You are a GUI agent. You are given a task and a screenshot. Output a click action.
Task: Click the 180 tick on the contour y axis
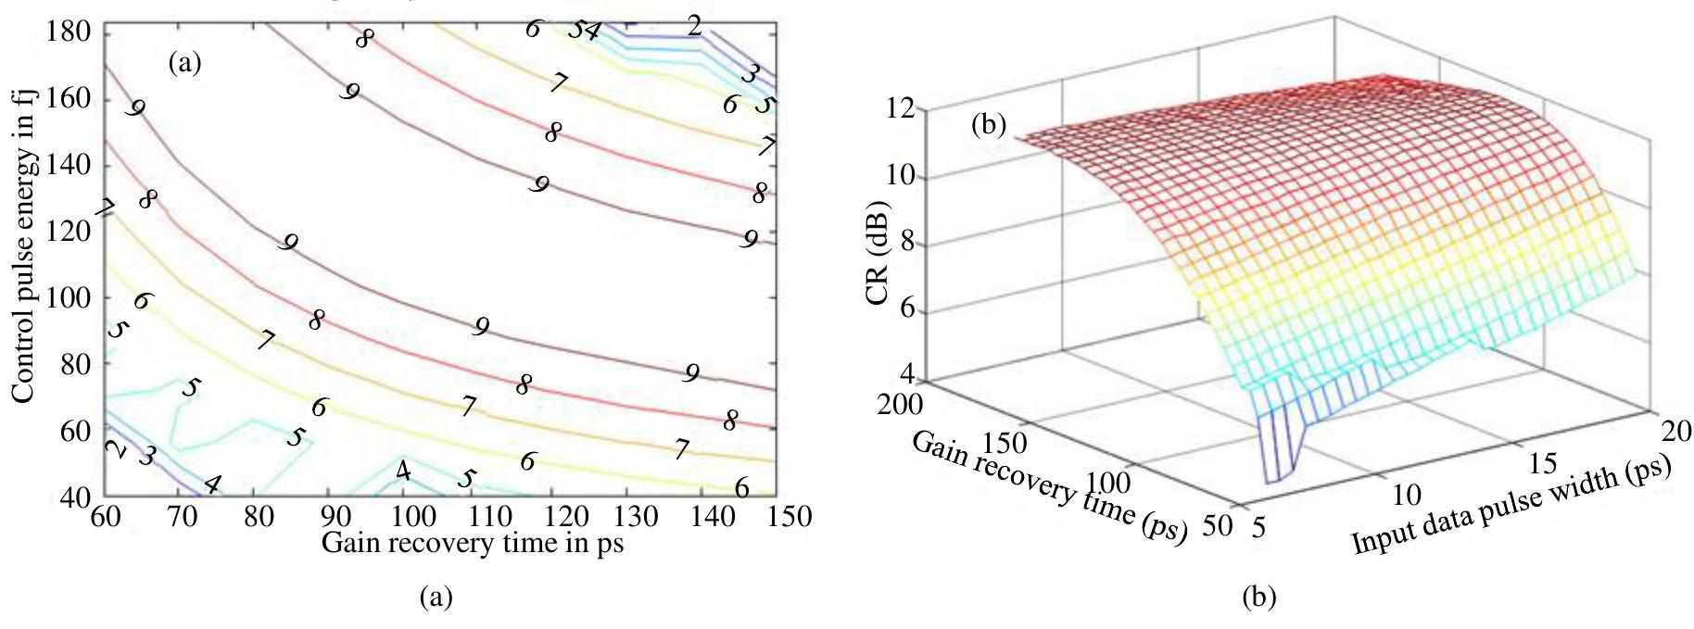point(69,31)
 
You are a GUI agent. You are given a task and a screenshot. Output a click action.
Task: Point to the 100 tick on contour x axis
point(404,516)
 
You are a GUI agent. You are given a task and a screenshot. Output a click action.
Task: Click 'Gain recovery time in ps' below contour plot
point(472,544)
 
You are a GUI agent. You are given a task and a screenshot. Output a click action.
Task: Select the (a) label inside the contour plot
point(184,63)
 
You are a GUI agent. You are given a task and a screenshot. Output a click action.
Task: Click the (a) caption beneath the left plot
point(436,597)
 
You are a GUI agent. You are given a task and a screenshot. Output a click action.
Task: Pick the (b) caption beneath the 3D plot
point(1258,598)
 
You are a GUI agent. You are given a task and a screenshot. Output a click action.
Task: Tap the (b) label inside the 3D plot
point(988,125)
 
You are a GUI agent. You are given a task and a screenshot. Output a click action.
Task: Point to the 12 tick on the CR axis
point(900,109)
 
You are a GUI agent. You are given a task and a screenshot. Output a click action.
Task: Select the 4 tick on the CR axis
point(906,375)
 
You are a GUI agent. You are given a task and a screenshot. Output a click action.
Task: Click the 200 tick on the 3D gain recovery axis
point(898,404)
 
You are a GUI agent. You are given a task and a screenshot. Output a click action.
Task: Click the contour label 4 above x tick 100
point(403,471)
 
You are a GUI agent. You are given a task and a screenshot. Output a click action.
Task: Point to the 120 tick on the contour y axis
point(69,232)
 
